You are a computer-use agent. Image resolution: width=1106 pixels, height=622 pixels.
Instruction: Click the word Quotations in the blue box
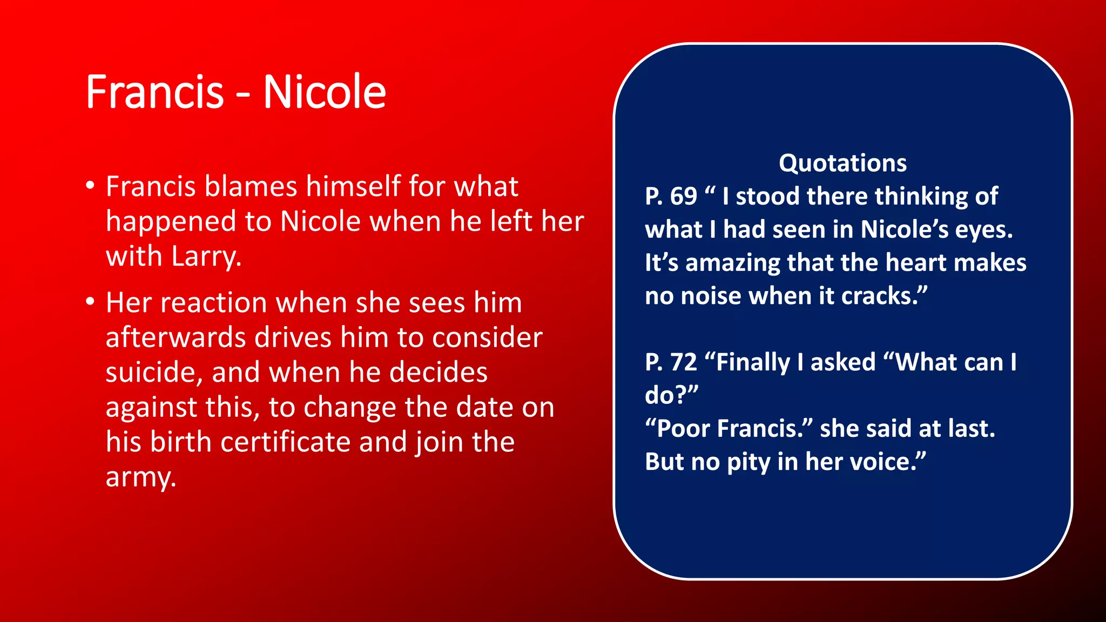click(842, 163)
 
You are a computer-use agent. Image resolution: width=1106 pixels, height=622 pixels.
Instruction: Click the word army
click(140, 478)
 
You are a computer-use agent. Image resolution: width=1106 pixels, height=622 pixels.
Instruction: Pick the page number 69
click(684, 197)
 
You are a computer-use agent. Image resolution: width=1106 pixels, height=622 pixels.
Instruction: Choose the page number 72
click(684, 362)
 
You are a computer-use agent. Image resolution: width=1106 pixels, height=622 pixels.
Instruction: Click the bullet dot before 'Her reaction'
click(90, 302)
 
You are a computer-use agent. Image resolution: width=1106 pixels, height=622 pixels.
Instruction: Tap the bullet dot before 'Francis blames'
click(90, 186)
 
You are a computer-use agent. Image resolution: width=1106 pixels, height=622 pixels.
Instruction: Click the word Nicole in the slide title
click(325, 92)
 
